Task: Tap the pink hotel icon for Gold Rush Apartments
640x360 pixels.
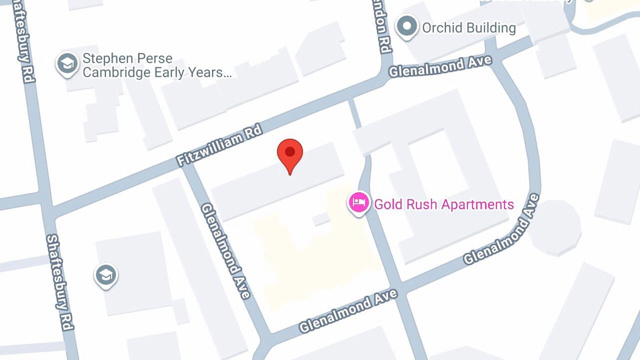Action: point(358,202)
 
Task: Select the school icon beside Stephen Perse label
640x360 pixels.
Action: point(67,63)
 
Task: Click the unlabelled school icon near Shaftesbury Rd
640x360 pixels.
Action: point(106,275)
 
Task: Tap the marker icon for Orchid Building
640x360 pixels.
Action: point(407,26)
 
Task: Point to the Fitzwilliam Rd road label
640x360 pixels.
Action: point(219,145)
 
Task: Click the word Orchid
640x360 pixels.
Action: point(442,28)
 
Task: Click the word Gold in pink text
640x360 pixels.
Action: point(388,204)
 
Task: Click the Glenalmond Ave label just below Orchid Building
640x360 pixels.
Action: point(440,66)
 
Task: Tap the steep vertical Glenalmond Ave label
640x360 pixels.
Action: point(226,251)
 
